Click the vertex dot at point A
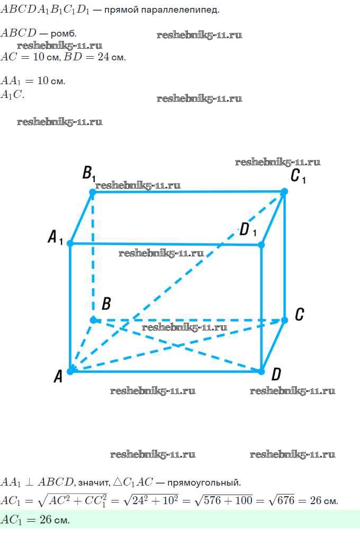70,371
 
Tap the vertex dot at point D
261,371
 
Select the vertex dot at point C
284,320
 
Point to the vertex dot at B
93,320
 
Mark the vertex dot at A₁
70,243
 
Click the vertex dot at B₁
93,192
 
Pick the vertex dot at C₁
284,191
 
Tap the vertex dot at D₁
262,245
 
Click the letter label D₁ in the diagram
248,230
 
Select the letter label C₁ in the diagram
298,176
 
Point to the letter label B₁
88,173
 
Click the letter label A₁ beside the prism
55,237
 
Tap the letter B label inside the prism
106,303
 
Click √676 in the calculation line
282,500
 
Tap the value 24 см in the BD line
111,57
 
